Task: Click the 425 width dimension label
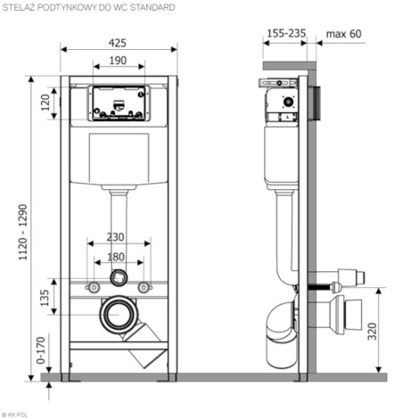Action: pos(118,43)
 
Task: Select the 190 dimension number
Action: pos(118,61)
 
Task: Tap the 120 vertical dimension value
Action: pos(45,103)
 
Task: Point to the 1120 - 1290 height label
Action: pos(23,233)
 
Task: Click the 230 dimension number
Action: pos(115,237)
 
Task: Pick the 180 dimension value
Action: pos(116,257)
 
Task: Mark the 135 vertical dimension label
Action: pos(45,298)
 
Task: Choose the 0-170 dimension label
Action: pos(41,350)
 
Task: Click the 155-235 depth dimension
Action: pos(286,33)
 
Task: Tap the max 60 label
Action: pos(344,34)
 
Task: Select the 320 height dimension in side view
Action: pos(372,332)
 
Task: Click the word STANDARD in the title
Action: pos(152,7)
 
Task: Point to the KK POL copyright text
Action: pos(14,415)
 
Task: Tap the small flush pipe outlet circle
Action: pos(119,277)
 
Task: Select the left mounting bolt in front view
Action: pos(94,287)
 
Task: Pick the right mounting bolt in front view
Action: pos(144,287)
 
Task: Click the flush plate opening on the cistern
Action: pos(119,103)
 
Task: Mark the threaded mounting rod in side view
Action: pos(320,287)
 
